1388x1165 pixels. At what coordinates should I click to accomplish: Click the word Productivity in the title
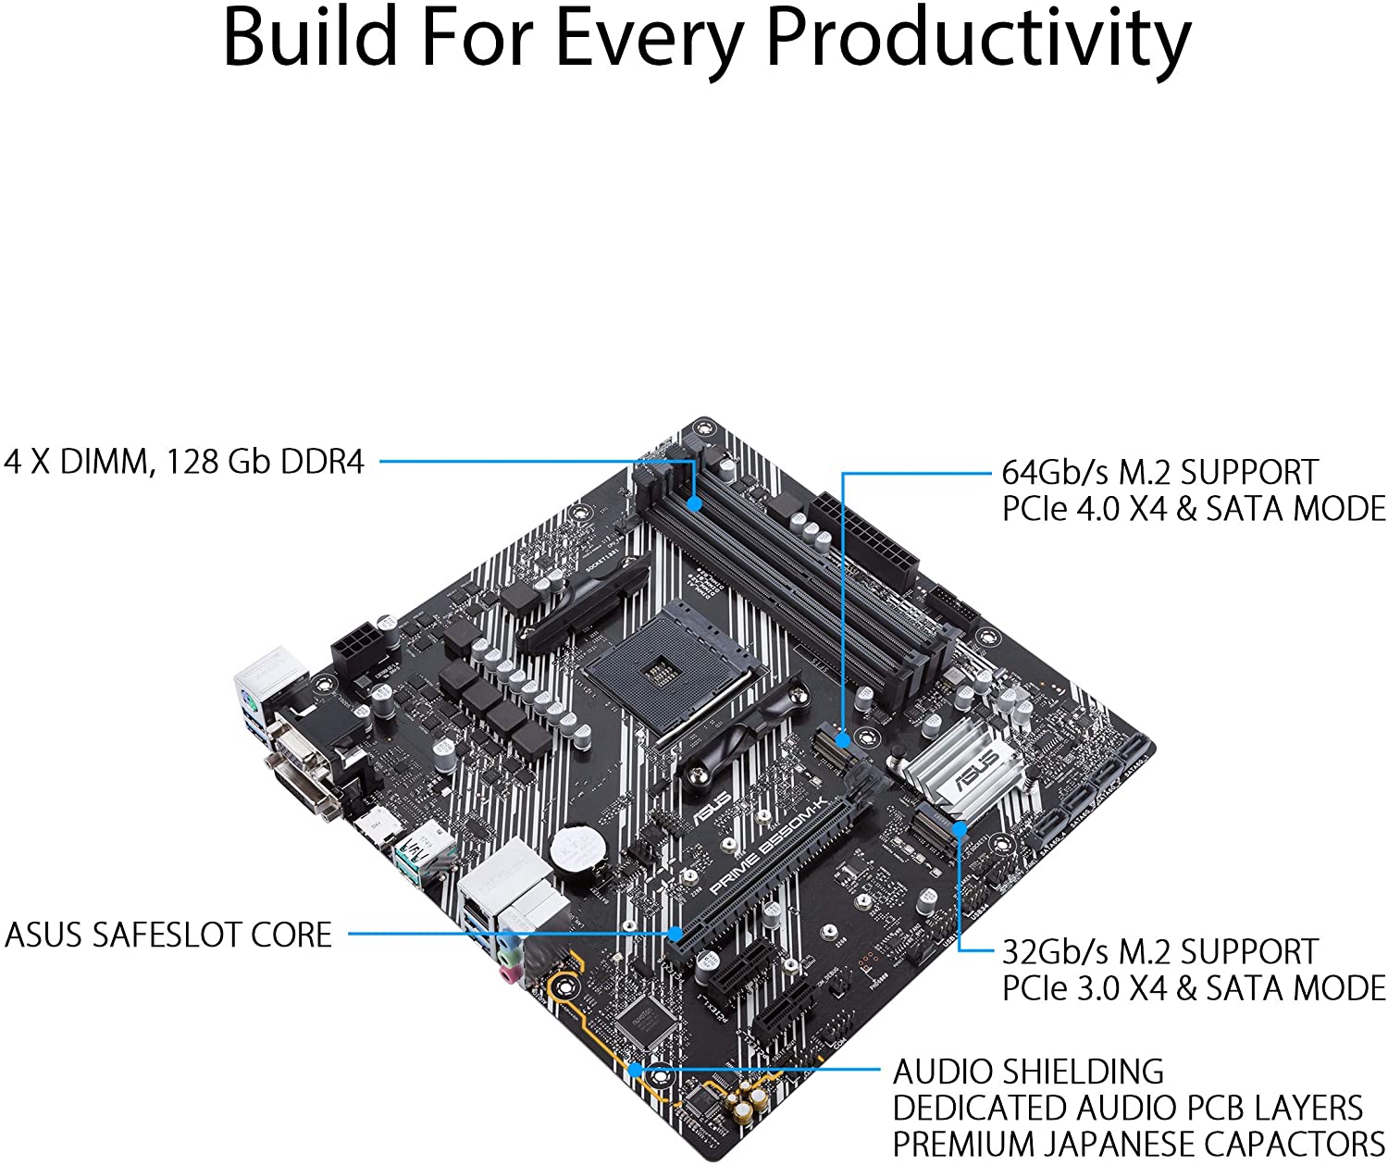pyautogui.click(x=979, y=39)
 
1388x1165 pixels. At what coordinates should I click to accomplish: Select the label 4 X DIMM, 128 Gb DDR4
pyautogui.click(x=184, y=461)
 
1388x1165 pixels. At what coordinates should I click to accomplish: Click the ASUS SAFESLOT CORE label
pyautogui.click(x=168, y=935)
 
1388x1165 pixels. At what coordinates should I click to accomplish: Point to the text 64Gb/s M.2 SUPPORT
pyautogui.click(x=1159, y=472)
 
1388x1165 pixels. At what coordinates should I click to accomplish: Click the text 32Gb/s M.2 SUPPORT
pyautogui.click(x=1159, y=952)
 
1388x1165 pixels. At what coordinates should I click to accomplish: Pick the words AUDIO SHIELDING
pyautogui.click(x=1028, y=1072)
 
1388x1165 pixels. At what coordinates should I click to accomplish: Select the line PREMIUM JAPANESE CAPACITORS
pyautogui.click(x=1137, y=1144)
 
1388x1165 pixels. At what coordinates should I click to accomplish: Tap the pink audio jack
pyautogui.click(x=508, y=973)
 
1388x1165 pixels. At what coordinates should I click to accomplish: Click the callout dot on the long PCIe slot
pyautogui.click(x=676, y=933)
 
